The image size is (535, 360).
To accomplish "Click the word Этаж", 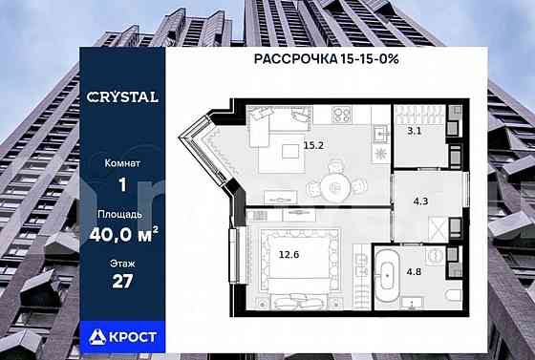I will pyautogui.click(x=120, y=264).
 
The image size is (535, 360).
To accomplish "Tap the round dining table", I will pyautogui.click(x=335, y=188).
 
